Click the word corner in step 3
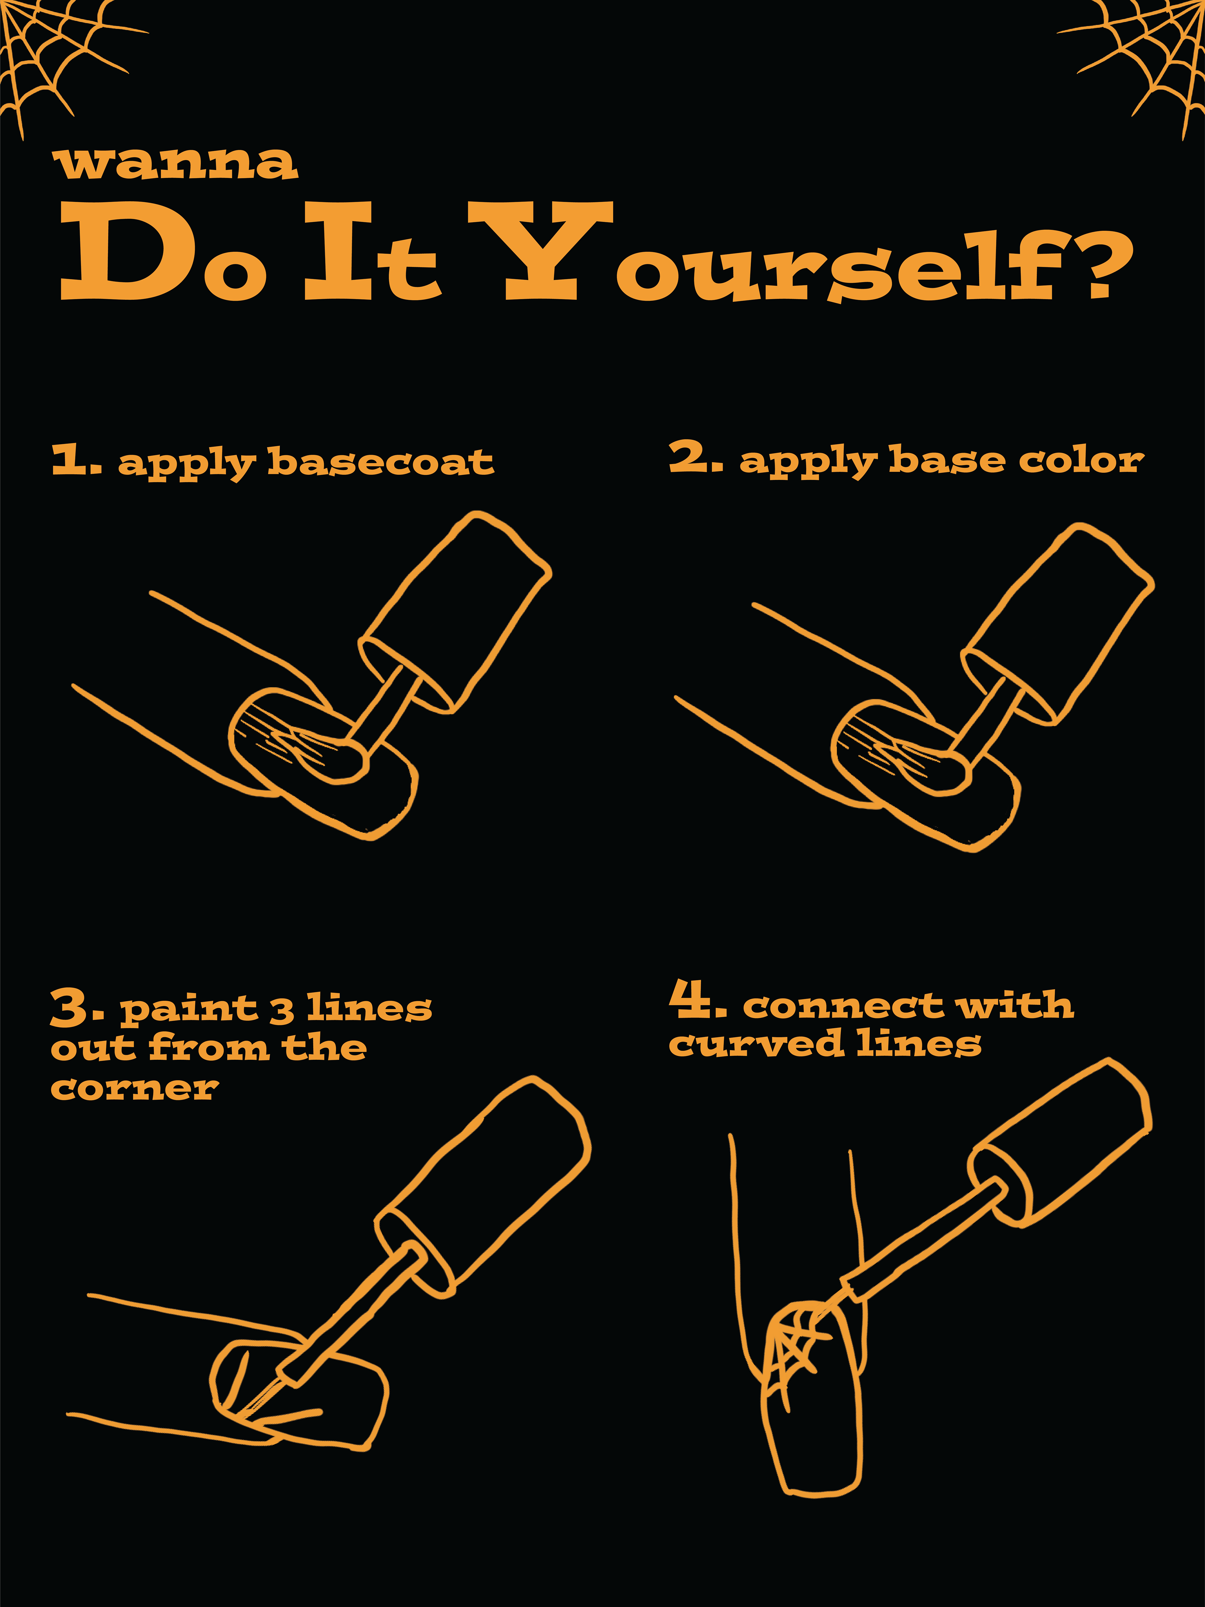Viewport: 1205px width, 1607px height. pyautogui.click(x=134, y=1088)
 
